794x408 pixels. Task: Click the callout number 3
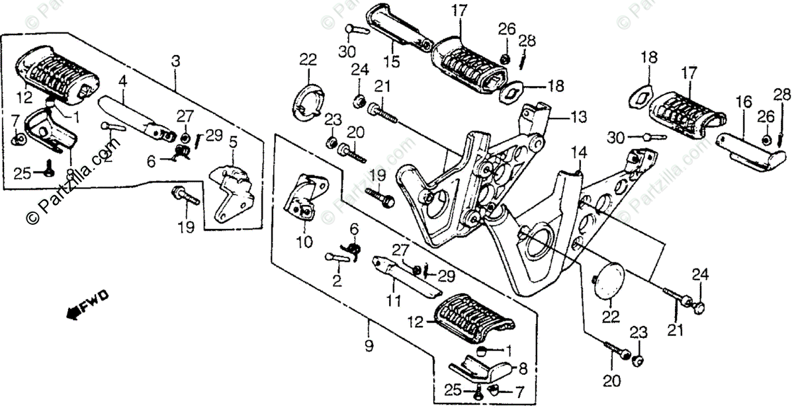[175, 61]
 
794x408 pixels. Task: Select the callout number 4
[122, 83]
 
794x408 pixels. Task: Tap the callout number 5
[233, 141]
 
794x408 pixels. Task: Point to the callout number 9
[369, 345]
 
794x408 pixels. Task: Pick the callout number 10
[304, 242]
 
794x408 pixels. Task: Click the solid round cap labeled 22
[606, 280]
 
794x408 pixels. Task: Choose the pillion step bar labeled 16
[752, 149]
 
